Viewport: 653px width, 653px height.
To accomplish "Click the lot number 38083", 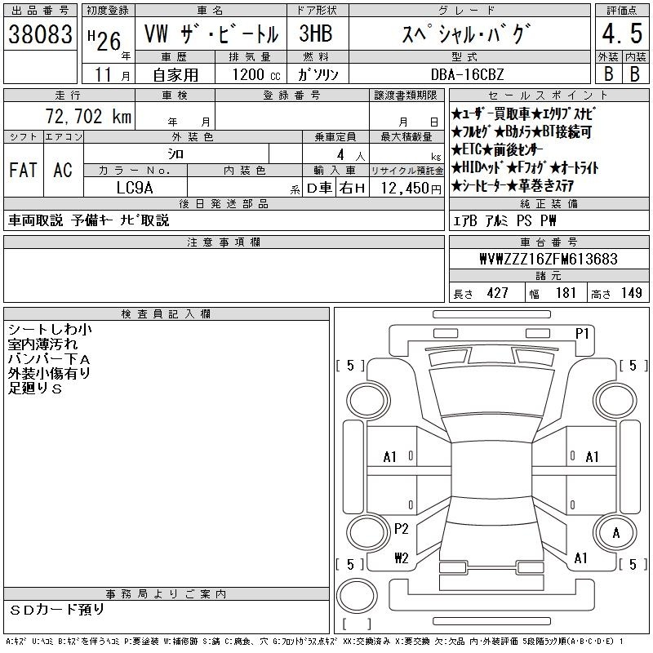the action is tap(40, 34).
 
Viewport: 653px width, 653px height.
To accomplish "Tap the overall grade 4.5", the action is tap(622, 33).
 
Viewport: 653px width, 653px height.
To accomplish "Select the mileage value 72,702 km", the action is tap(88, 116).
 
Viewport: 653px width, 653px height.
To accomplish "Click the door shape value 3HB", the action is tap(316, 33).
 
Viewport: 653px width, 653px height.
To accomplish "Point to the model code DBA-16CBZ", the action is tap(467, 74).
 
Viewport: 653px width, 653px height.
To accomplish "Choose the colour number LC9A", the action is tap(135, 188).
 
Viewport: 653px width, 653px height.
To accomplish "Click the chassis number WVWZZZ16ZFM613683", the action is tap(548, 259).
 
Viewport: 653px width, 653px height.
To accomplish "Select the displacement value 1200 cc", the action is tap(256, 75).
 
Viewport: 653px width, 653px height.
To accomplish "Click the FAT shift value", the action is tap(24, 170).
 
